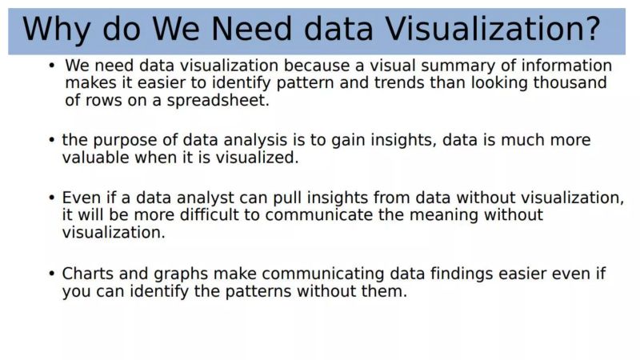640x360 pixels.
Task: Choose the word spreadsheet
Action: [x=223, y=101]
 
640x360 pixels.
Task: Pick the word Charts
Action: [x=90, y=274]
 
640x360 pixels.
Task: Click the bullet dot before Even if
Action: [x=52, y=198]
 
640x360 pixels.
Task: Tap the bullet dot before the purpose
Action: [x=52, y=140]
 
